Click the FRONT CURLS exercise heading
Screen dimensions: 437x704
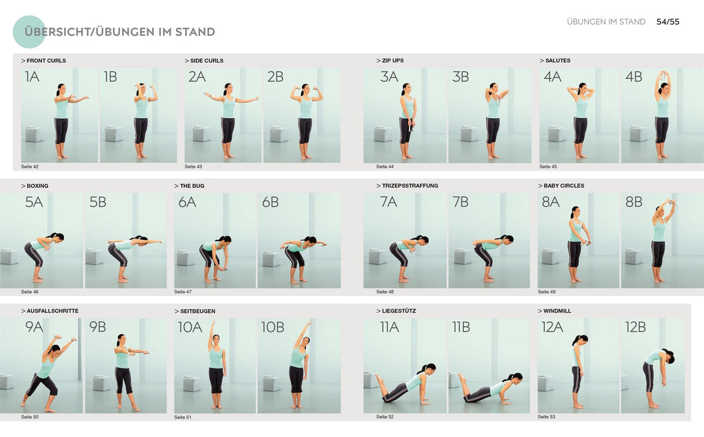(46, 61)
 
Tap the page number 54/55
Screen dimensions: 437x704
(667, 22)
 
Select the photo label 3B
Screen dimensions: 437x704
(461, 77)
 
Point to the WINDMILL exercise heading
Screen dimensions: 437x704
(557, 311)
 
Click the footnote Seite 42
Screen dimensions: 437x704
(29, 166)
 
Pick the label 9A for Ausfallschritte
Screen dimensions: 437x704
(34, 327)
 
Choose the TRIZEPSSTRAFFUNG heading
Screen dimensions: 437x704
(409, 186)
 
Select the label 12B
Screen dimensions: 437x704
(635, 327)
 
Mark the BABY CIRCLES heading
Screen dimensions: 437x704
(564, 186)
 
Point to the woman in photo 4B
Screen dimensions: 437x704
(662, 114)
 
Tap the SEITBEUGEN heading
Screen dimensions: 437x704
(198, 311)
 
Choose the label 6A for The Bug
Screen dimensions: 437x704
(187, 202)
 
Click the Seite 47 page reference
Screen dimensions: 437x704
(183, 292)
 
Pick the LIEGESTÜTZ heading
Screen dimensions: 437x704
(398, 311)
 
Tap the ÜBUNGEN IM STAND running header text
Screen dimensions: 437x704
(606, 22)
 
